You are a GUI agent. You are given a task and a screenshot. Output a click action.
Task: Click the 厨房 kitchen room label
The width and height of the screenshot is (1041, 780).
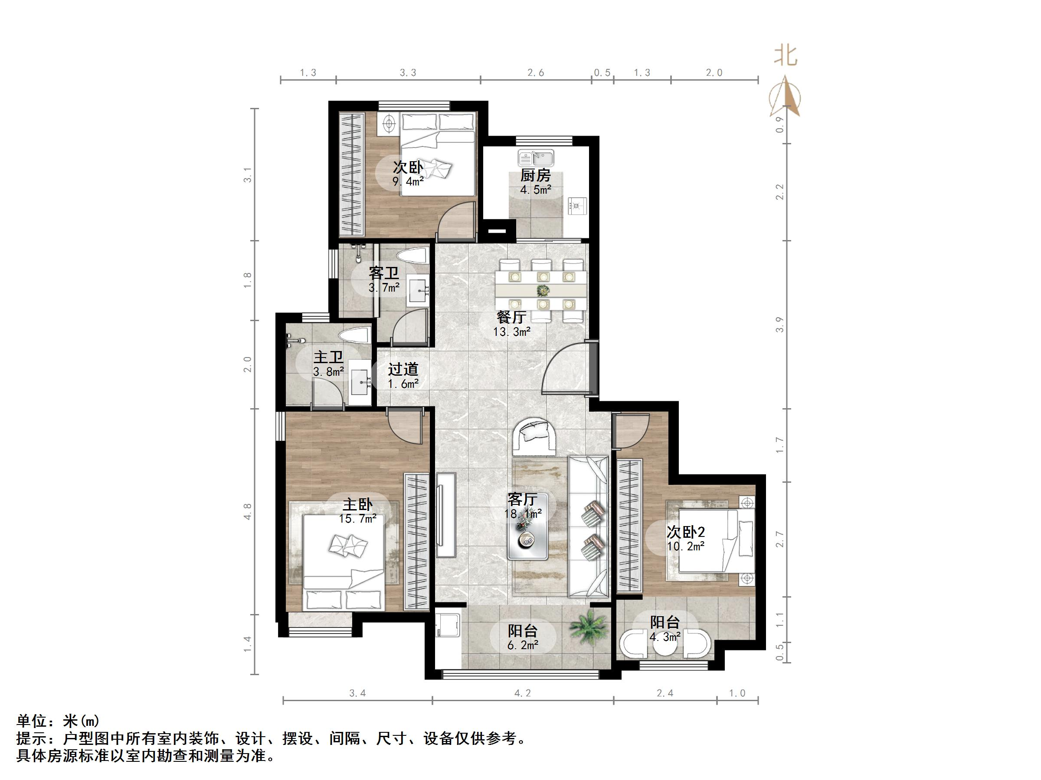(x=535, y=175)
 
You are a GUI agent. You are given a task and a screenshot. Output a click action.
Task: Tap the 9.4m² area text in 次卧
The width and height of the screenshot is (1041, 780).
(x=408, y=182)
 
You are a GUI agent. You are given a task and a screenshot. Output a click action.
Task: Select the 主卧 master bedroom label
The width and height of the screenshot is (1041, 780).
(x=357, y=504)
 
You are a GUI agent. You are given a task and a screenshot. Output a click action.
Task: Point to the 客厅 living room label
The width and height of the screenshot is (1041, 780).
(x=522, y=499)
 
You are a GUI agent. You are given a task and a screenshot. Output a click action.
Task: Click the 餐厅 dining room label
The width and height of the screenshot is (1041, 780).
(x=511, y=317)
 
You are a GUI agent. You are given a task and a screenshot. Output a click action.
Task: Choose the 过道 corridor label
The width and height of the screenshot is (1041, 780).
(x=403, y=369)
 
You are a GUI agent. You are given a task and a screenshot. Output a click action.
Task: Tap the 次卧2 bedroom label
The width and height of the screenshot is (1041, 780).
(x=685, y=532)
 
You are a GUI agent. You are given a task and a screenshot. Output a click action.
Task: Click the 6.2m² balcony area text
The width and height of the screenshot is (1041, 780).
(x=522, y=645)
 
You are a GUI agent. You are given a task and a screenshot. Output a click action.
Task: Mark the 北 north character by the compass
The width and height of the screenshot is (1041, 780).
(x=786, y=56)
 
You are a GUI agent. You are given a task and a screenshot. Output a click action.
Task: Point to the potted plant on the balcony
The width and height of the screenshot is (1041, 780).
(x=587, y=627)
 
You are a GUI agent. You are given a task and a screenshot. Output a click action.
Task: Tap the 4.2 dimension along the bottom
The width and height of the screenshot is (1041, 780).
(x=522, y=693)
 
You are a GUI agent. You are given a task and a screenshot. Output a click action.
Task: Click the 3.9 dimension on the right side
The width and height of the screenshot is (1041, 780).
(x=780, y=325)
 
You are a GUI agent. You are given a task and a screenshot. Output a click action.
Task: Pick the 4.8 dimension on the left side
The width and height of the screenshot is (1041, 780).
(x=248, y=511)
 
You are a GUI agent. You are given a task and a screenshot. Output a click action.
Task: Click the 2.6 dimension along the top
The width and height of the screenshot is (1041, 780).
(x=536, y=73)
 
